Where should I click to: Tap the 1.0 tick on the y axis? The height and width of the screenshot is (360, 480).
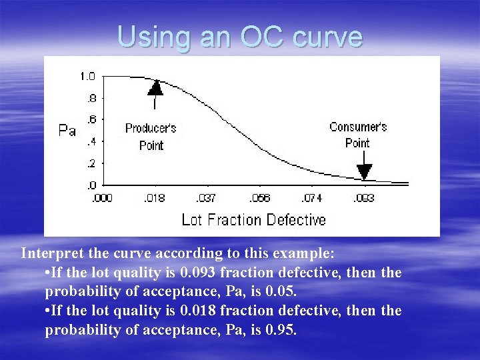87,77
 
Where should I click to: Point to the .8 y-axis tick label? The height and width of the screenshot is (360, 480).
91,99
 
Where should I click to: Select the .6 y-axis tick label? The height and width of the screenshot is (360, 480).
91,120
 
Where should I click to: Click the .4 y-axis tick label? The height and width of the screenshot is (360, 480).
91,142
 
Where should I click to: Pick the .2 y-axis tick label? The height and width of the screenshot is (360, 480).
91,163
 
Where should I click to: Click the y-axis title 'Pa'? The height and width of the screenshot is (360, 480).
67,130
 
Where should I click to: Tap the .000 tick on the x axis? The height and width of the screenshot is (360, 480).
101,199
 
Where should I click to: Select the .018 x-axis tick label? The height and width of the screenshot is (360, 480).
155,199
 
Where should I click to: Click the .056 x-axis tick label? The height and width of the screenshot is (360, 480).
259,199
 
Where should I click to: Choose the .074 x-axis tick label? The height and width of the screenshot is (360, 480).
312,199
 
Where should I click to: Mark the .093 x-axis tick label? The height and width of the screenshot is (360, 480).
363,199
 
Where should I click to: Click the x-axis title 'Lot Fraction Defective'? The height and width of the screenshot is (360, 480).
253,220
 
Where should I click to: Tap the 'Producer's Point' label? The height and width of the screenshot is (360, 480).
151,137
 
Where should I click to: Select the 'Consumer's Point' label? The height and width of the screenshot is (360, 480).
358,134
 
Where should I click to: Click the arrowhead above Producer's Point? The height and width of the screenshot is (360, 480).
155,87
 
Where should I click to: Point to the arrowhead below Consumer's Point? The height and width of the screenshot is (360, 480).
363,173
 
